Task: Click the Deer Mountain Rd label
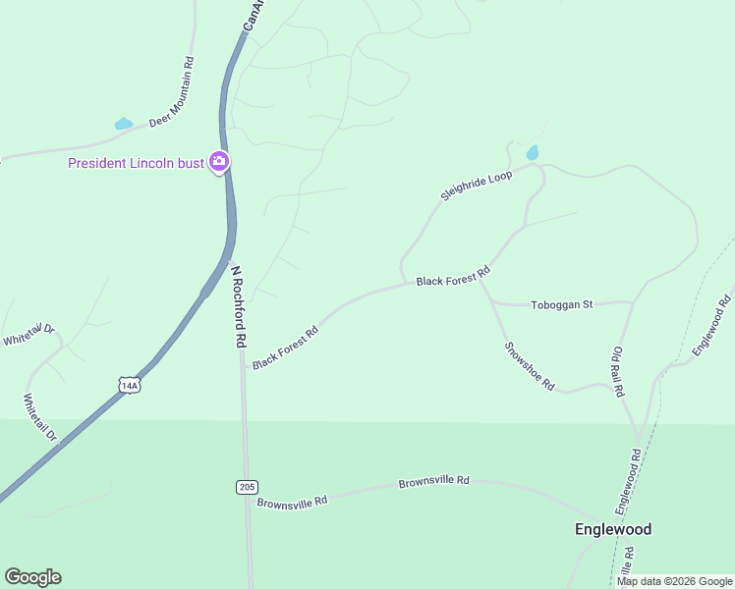172,93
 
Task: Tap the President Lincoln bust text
136,163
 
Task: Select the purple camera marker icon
219,162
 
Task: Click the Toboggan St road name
561,304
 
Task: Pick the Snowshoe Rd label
530,366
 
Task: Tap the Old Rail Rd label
618,371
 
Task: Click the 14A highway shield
129,385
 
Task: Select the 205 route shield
247,487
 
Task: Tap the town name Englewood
612,529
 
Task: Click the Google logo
32,577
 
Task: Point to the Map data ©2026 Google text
673,581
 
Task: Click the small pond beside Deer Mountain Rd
123,125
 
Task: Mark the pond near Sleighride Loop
533,153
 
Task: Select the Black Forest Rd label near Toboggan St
452,276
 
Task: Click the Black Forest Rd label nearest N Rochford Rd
285,348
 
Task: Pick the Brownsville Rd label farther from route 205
433,483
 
